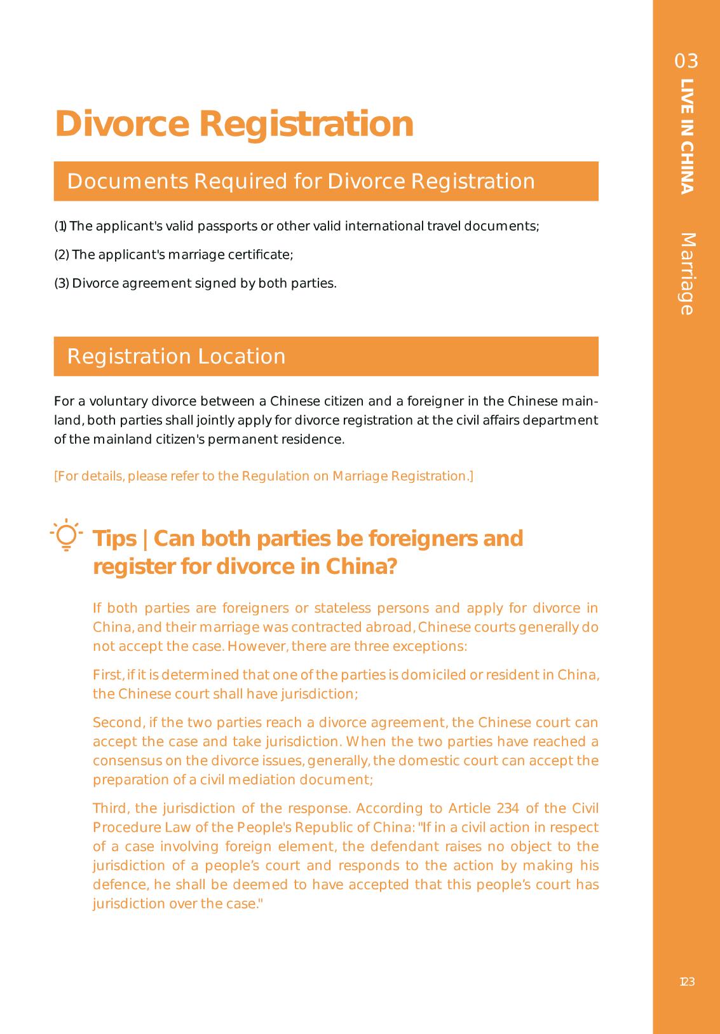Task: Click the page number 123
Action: tap(687, 982)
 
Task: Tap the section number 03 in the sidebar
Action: tap(686, 61)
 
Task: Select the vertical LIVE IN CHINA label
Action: tap(686, 136)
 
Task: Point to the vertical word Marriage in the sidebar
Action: tap(687, 274)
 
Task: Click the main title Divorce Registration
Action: tap(234, 123)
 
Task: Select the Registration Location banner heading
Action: tap(176, 357)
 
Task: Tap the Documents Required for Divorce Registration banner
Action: tap(301, 181)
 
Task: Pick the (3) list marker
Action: tap(62, 283)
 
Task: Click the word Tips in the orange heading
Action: tap(115, 538)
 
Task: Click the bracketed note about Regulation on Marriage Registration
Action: tap(264, 476)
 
